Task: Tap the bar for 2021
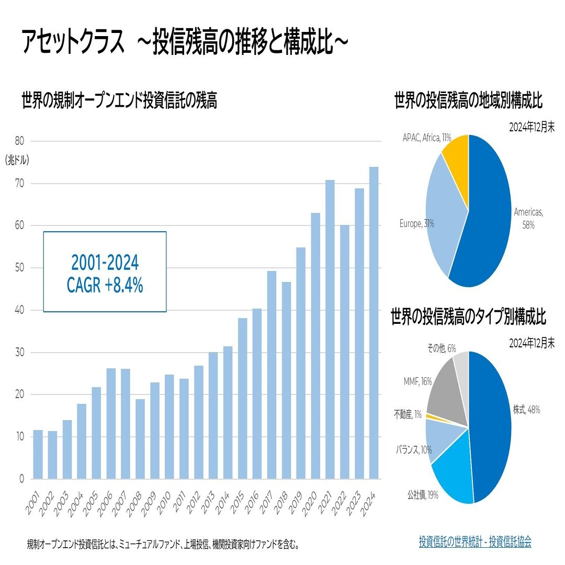click(x=330, y=329)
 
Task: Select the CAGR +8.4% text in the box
click(x=105, y=286)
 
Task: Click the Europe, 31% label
click(x=416, y=224)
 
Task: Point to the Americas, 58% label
click(x=528, y=218)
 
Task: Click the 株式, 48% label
click(x=526, y=410)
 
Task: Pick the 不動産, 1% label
click(x=408, y=415)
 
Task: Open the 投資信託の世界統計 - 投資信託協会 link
click(x=474, y=541)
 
